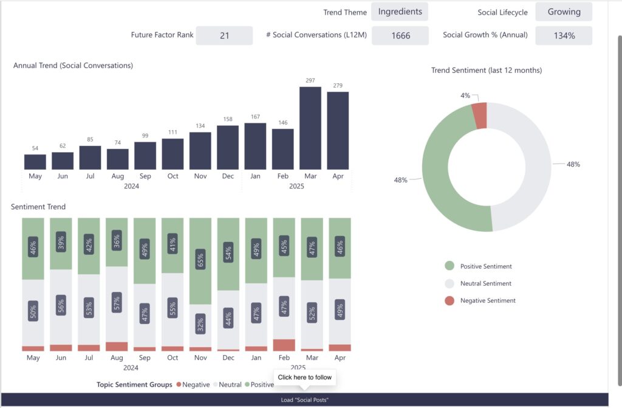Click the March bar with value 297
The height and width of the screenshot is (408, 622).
tap(310, 128)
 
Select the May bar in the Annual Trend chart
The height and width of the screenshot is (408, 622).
tap(35, 162)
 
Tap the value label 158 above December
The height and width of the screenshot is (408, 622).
tap(228, 120)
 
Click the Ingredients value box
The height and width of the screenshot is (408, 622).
tap(400, 12)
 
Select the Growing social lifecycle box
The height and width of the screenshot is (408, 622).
tap(564, 12)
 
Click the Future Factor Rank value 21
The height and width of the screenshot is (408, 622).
tap(224, 35)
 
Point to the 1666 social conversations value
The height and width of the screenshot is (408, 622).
tap(400, 35)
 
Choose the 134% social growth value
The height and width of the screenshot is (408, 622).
tap(564, 35)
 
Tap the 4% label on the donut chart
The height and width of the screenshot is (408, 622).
tap(465, 95)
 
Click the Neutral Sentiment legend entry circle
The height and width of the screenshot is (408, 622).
tap(449, 283)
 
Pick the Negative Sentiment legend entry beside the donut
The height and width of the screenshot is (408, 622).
tap(487, 300)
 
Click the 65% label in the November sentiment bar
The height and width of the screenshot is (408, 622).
tap(200, 260)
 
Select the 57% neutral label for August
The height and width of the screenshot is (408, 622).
tap(117, 301)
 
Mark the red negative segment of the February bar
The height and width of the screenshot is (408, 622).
tap(284, 345)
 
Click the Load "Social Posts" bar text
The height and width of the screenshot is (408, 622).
tap(305, 399)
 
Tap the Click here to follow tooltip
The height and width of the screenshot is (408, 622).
tap(305, 378)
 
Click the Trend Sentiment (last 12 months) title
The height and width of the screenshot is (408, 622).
tap(487, 71)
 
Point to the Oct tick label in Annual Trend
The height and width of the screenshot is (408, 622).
tap(173, 176)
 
